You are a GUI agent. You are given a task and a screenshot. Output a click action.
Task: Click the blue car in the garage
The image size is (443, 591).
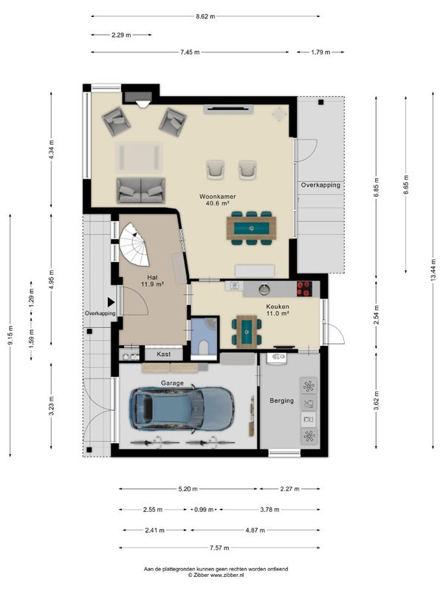(182, 409)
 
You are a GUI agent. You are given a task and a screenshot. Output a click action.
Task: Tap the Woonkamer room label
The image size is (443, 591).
(218, 197)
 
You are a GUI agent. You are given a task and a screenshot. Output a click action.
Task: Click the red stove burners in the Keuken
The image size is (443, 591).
(304, 289)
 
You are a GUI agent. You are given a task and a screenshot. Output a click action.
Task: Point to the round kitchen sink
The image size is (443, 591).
(264, 289)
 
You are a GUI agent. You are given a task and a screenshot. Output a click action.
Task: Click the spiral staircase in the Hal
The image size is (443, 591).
(134, 245)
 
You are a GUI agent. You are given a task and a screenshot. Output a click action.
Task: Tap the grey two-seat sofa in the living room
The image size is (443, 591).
(140, 191)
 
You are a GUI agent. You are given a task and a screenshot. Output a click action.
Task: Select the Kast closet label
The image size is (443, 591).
(163, 355)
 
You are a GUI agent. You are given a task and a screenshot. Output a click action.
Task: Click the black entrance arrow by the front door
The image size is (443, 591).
(111, 302)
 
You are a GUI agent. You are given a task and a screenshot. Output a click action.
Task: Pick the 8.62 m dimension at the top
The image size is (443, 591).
(205, 16)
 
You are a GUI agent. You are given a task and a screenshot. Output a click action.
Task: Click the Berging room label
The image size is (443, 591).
(281, 400)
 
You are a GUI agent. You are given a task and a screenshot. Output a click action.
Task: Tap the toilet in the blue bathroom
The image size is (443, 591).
(204, 347)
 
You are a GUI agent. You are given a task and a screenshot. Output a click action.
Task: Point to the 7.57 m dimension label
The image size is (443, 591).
(219, 547)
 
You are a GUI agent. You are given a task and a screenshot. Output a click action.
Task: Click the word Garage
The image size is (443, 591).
(172, 383)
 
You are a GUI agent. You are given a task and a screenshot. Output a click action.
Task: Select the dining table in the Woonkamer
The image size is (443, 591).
(251, 228)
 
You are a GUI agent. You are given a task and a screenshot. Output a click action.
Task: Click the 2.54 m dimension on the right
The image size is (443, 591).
(377, 315)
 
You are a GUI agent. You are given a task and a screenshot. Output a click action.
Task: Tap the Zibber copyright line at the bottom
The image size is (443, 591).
(216, 575)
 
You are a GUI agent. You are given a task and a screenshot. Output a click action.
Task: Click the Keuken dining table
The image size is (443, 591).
(247, 331)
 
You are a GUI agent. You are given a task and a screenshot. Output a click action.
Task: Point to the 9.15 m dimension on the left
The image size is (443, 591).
(10, 335)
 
